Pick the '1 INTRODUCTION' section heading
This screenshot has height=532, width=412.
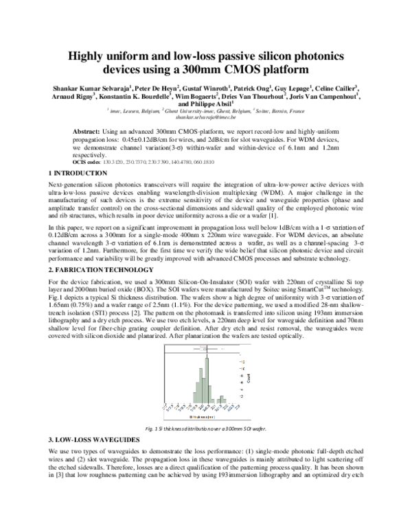click(x=69, y=171)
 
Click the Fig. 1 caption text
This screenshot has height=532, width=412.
click(x=205, y=428)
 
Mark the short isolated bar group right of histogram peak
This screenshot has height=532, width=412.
click(x=221, y=400)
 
